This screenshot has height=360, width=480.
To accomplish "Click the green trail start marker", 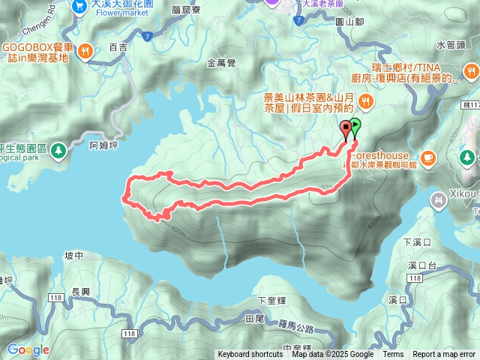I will pos(355,126).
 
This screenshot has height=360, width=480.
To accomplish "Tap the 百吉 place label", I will pos(118,46).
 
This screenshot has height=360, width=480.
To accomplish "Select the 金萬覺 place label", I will pos(221,64).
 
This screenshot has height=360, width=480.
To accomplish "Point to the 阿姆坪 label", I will pos(103,145).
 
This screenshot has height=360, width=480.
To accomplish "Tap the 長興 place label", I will pos(79,292).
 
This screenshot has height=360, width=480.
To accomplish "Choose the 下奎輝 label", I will pos(271,300).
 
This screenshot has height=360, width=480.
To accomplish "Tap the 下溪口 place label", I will pos(413,242).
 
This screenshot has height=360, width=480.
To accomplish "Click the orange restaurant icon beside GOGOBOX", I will pos(86,52).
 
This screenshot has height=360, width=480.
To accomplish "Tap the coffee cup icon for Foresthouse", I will pos(427,157).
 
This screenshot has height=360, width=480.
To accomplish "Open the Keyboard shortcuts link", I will pos(250,355).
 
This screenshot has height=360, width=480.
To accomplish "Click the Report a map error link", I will pos(444,355).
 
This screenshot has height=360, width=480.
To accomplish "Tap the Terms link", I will pos(393,355).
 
